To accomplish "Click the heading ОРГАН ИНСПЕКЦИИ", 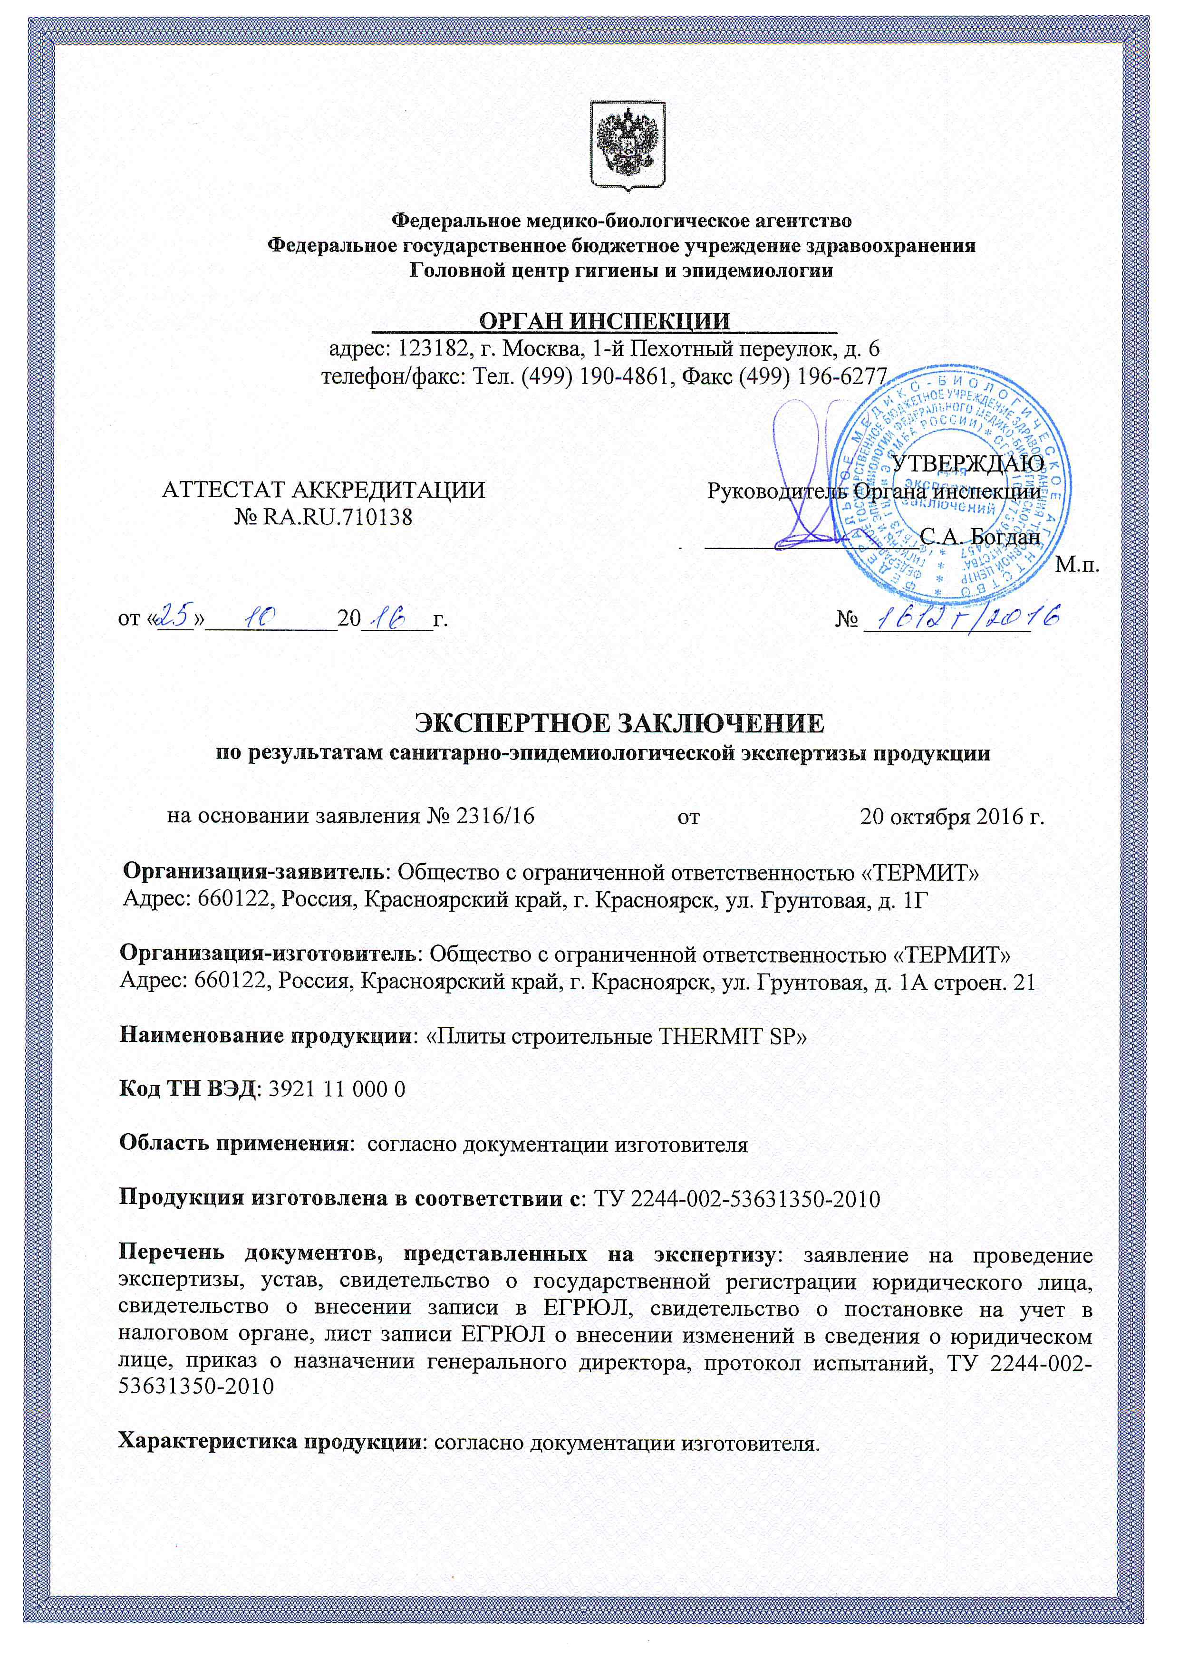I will pyautogui.click(x=605, y=320).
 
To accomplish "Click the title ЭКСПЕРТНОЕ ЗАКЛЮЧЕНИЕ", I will pyautogui.click(x=619, y=723).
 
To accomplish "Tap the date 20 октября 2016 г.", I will pyautogui.click(x=952, y=816).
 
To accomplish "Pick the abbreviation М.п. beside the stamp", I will pyautogui.click(x=1077, y=564).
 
